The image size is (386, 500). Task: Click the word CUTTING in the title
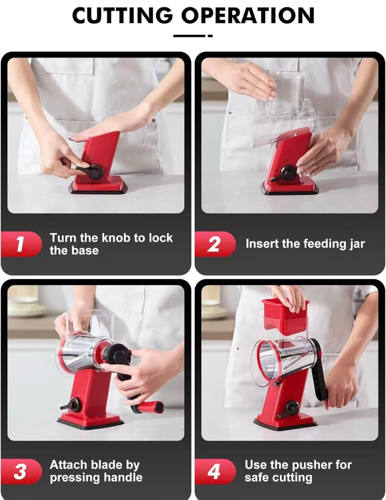pos(122,15)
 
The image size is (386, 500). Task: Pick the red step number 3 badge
pos(21,471)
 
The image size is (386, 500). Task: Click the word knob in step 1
pos(116,238)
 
